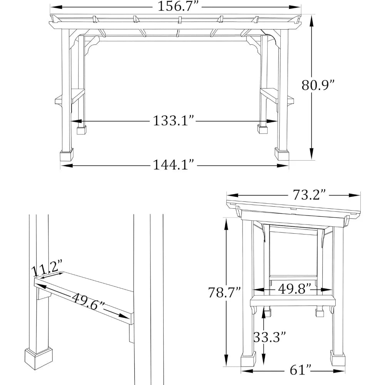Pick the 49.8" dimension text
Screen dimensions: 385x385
294,290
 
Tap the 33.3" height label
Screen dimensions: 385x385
269,337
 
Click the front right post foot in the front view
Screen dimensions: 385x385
281,154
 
